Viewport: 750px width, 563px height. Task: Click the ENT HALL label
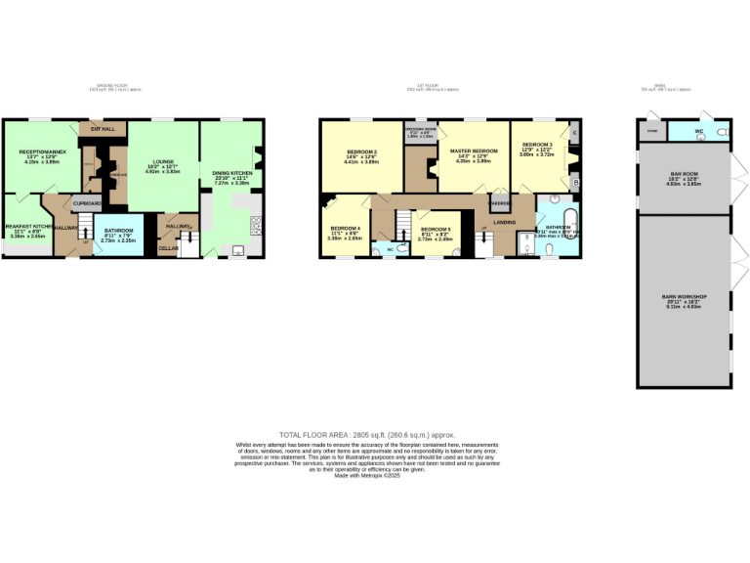[103, 128]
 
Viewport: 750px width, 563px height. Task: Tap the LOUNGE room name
[162, 162]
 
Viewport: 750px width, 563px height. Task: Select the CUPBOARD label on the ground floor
[87, 203]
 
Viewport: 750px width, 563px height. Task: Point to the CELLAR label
[168, 248]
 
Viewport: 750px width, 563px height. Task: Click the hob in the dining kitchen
[257, 226]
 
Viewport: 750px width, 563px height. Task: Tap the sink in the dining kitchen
[237, 251]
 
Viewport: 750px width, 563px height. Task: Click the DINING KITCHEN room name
[231, 172]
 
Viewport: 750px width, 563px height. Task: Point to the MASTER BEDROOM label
[474, 151]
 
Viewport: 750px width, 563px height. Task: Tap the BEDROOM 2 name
[362, 152]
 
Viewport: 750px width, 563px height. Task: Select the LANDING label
[505, 223]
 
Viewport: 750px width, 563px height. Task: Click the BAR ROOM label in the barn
[684, 175]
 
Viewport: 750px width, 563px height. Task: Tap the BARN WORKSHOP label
[684, 296]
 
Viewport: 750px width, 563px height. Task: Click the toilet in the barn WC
[723, 132]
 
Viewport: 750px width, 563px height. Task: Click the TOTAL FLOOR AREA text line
[374, 433]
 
